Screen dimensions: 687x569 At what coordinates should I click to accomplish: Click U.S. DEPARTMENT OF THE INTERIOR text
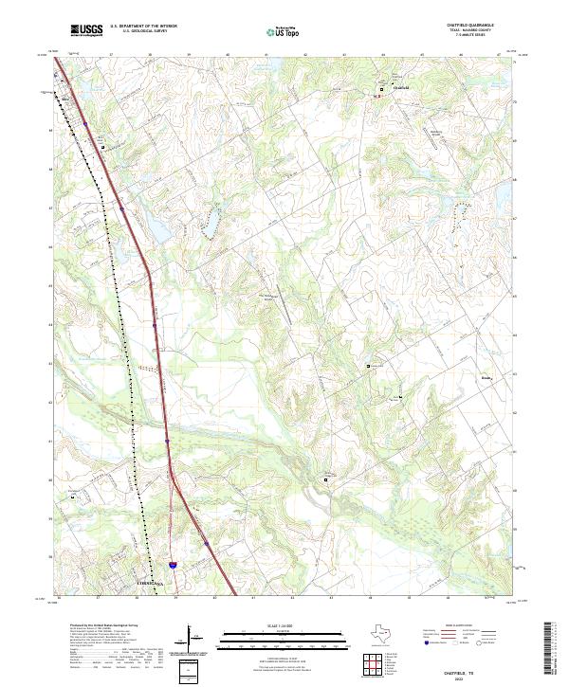[x=143, y=26]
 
